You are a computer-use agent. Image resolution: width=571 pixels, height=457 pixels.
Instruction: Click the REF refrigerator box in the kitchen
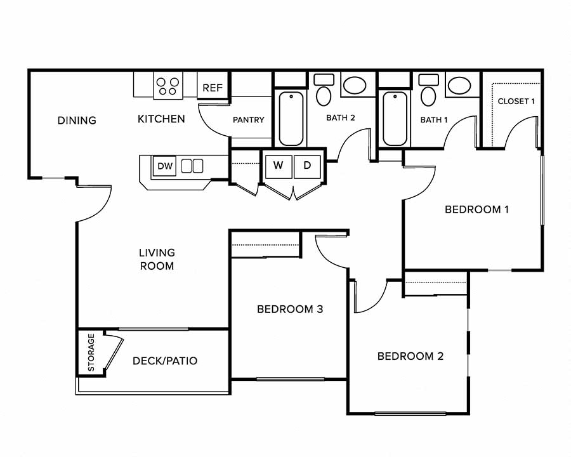click(213, 88)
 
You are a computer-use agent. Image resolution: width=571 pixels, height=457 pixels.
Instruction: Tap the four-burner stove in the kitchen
click(167, 86)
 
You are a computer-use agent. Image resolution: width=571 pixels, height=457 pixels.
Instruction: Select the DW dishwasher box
click(165, 166)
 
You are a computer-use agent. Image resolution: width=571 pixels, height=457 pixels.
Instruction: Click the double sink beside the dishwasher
click(192, 166)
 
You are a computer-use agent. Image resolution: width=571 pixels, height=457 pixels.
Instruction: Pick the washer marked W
click(278, 166)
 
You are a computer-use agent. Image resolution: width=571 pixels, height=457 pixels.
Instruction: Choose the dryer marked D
click(307, 166)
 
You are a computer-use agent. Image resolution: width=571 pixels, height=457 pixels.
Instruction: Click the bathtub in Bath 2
click(291, 119)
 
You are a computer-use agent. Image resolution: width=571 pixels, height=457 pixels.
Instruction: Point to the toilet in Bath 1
click(429, 93)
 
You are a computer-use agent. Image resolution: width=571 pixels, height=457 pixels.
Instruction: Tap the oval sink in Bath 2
click(353, 86)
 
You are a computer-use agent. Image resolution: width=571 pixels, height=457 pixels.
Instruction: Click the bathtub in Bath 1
click(395, 119)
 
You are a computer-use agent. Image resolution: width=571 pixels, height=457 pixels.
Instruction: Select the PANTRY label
click(248, 120)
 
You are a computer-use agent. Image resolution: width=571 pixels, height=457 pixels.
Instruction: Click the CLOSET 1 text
click(516, 102)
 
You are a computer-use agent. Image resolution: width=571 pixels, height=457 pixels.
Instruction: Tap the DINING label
click(77, 120)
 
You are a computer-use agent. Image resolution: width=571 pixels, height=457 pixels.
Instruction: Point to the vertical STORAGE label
click(91, 353)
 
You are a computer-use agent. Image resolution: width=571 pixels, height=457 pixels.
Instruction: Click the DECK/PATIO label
click(165, 361)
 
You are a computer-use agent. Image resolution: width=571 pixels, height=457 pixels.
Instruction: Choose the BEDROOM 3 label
click(290, 309)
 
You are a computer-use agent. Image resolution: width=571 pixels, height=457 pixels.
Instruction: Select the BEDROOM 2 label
click(410, 356)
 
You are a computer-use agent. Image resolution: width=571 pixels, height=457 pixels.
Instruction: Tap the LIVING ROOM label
click(157, 259)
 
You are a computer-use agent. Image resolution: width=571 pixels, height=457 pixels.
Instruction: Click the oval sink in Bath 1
click(457, 86)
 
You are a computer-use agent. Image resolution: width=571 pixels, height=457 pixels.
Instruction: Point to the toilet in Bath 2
click(324, 93)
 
